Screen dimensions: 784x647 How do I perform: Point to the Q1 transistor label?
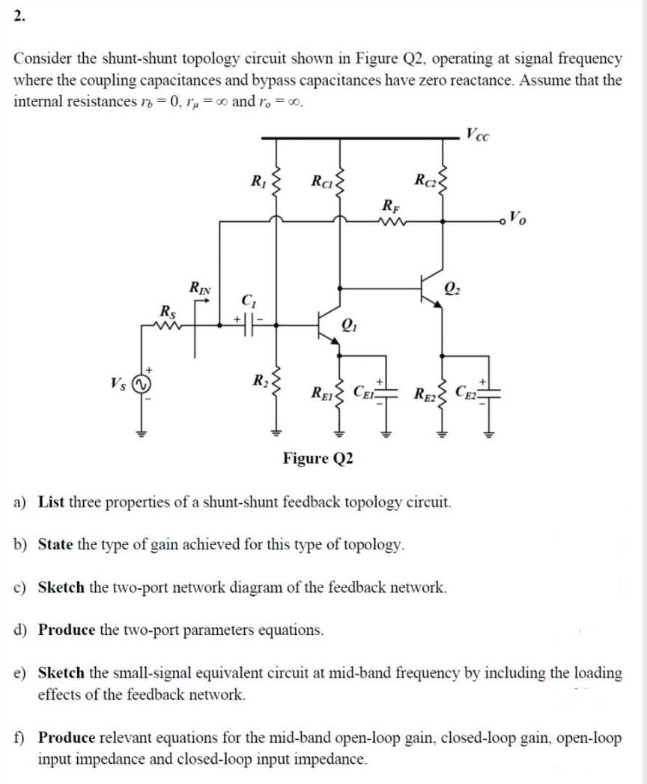tap(349, 325)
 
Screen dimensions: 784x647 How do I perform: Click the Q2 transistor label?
tap(452, 285)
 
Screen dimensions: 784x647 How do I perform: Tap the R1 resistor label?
tap(258, 180)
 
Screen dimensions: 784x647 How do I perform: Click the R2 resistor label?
tap(258, 379)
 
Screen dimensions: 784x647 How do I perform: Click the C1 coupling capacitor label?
tap(248, 302)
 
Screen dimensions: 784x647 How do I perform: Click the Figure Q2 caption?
tap(318, 458)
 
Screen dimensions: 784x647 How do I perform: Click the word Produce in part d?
tap(66, 629)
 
